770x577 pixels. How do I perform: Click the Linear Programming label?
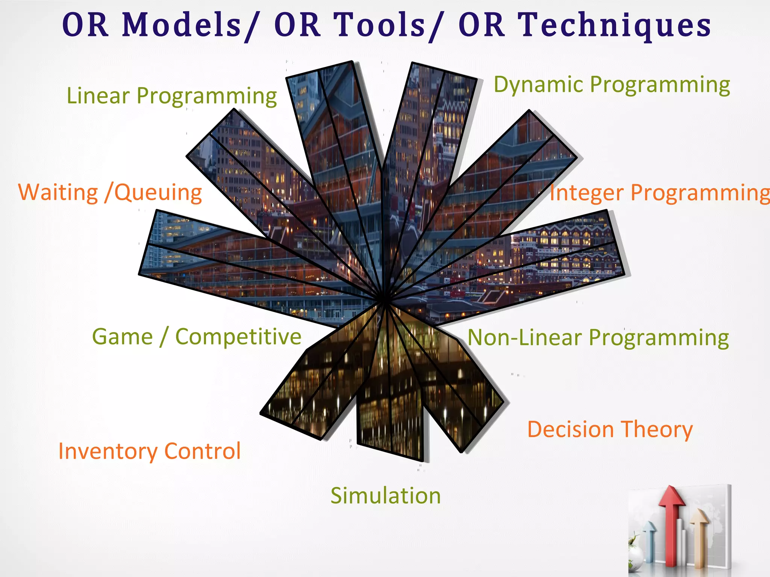[x=171, y=95]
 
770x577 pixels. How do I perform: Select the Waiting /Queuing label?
[x=110, y=192]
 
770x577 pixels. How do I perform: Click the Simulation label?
[x=385, y=495]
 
